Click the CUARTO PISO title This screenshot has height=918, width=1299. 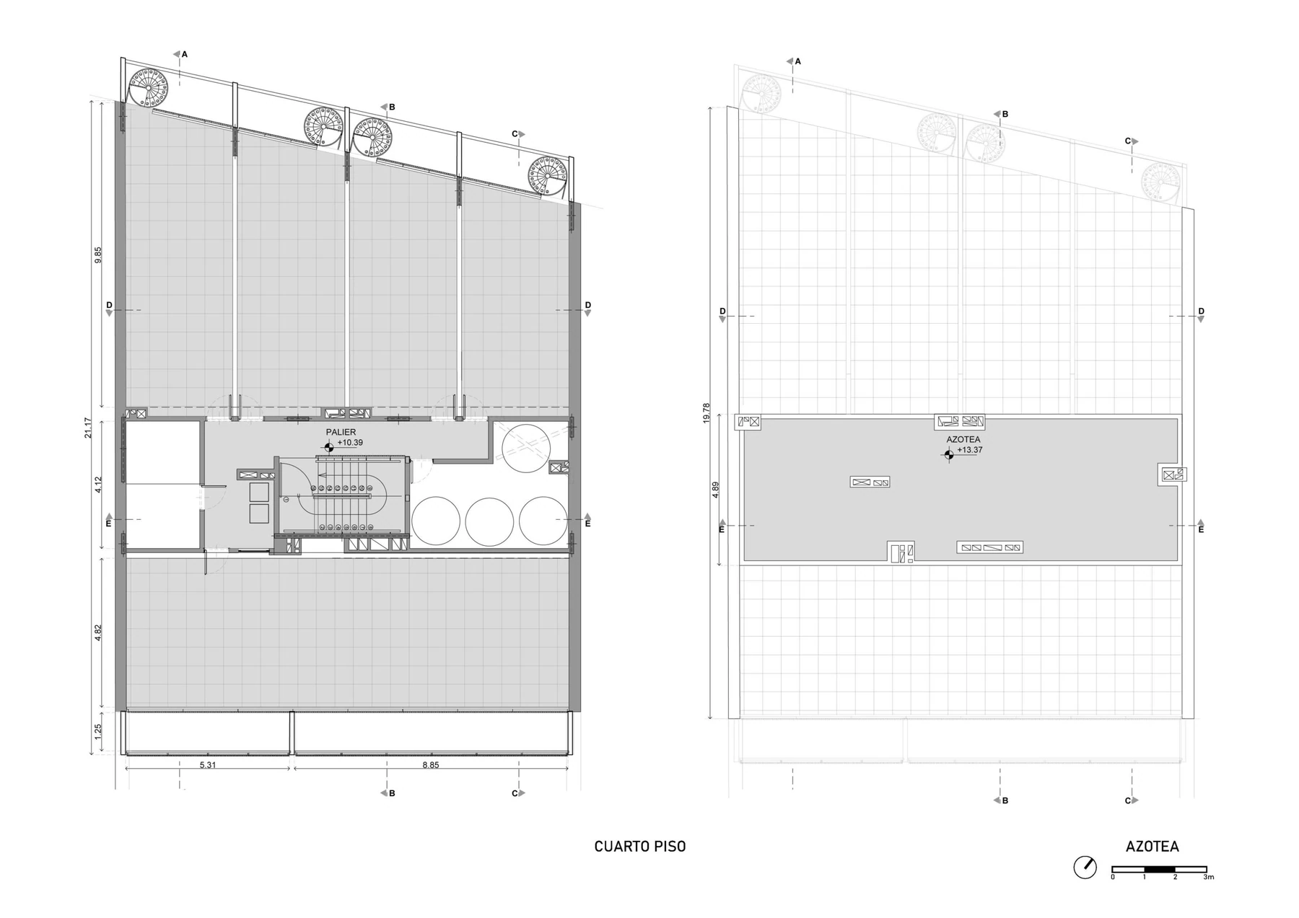(639, 847)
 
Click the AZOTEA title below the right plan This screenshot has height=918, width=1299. (1152, 847)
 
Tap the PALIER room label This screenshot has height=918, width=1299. (341, 433)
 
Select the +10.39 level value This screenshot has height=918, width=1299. (350, 443)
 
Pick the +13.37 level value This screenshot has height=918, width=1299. (970, 450)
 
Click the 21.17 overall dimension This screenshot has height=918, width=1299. (88, 428)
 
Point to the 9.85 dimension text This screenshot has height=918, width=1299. (98, 255)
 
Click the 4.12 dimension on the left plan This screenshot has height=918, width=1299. (98, 485)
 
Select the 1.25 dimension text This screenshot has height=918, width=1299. (98, 732)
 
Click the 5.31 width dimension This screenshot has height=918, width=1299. (208, 765)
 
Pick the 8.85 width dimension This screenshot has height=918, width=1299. (431, 765)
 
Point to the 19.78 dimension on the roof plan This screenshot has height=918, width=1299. (707, 412)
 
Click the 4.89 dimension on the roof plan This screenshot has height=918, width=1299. (716, 488)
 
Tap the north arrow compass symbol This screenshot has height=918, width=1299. (1085, 867)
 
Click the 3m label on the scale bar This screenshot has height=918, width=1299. (1209, 877)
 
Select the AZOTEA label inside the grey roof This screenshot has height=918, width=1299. (963, 439)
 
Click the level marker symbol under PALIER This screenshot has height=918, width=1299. (329, 447)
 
